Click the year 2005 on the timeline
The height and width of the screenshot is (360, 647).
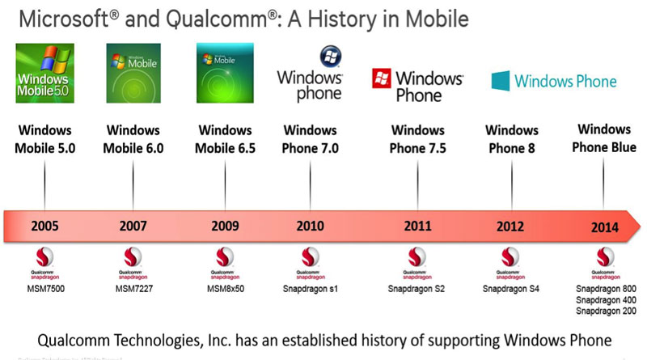click(44, 227)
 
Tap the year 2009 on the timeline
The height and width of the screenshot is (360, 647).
click(226, 227)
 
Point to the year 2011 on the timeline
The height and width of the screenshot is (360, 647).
click(417, 227)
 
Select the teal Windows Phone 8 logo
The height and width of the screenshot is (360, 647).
click(501, 81)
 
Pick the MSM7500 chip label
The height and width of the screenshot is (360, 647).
click(44, 289)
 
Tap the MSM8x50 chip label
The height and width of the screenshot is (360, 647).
click(226, 289)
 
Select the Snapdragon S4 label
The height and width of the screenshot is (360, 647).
click(511, 289)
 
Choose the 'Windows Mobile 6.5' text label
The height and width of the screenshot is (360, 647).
click(226, 138)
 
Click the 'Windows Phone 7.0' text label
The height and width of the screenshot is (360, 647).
click(310, 138)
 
